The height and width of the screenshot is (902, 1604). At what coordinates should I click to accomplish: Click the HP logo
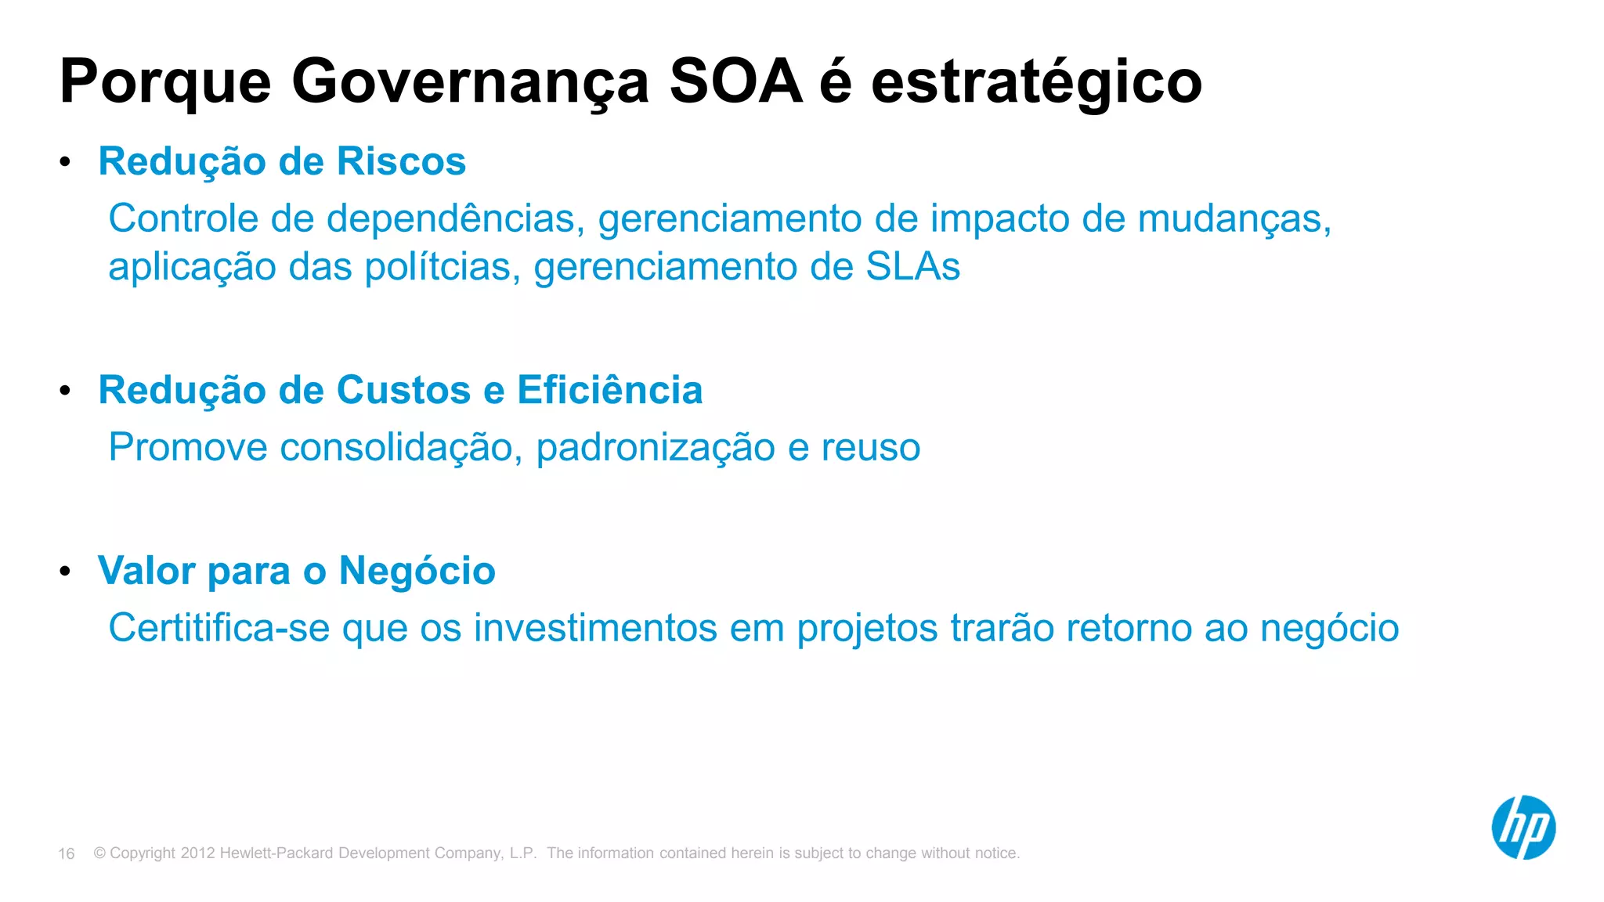click(1523, 828)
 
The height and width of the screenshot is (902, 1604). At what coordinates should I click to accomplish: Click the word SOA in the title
click(736, 81)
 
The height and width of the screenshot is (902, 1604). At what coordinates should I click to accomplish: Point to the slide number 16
click(67, 853)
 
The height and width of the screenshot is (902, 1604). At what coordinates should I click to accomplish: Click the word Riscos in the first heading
click(401, 161)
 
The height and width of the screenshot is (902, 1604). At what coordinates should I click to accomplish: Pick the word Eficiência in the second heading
click(609, 390)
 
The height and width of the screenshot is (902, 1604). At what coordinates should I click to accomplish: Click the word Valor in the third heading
click(146, 570)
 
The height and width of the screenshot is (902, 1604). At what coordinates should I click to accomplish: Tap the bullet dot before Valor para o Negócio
click(65, 571)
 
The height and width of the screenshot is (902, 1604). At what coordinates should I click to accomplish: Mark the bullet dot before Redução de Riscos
click(65, 162)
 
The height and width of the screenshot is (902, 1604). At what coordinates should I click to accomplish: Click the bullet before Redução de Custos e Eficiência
click(65, 390)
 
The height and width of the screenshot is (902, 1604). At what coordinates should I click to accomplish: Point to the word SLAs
click(912, 266)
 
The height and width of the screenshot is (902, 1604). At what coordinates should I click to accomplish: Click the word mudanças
click(1234, 219)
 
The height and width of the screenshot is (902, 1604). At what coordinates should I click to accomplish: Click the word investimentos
click(595, 628)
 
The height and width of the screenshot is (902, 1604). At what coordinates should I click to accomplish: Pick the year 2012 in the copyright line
click(197, 853)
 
